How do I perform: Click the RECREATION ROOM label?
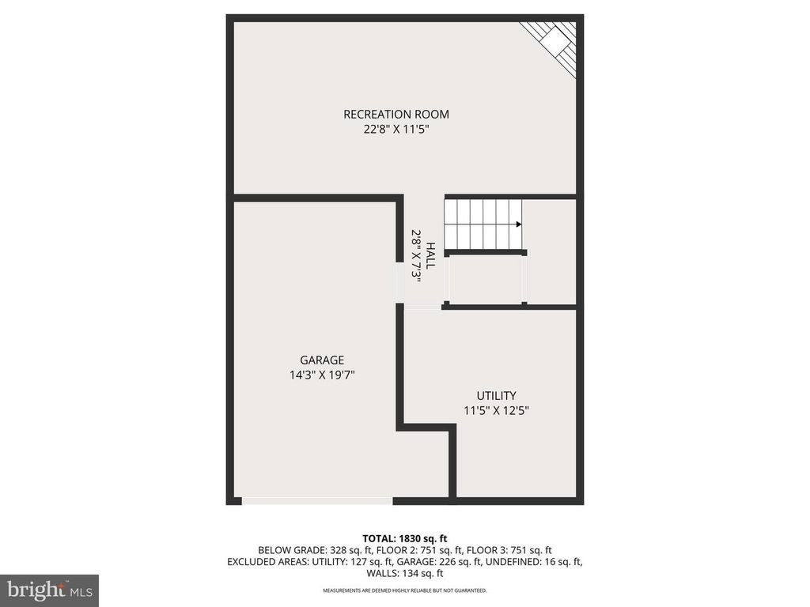coord(396,115)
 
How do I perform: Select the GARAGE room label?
coord(321,360)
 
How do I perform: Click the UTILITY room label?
coord(496,395)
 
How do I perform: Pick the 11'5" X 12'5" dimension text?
coord(496,410)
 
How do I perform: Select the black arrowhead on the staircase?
coord(519,224)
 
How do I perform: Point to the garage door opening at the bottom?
coord(316,500)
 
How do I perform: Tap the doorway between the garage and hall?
coord(399,282)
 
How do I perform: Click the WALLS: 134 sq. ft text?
coord(405,574)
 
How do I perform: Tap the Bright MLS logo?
coord(49,590)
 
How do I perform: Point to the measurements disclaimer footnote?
coord(405,590)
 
